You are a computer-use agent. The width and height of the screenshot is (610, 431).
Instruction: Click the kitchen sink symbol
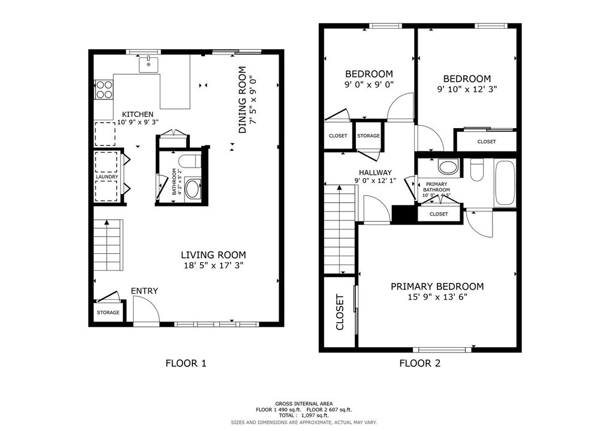coord(149,64)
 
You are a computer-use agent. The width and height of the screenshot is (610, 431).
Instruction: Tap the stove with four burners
coord(104,89)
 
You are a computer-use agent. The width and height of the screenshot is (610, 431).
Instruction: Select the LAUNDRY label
coord(107,177)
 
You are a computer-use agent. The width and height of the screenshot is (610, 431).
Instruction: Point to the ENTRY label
coord(144,291)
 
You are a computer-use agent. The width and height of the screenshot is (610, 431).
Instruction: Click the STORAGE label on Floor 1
coord(108,312)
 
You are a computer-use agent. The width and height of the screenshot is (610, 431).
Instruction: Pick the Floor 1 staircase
coord(107,245)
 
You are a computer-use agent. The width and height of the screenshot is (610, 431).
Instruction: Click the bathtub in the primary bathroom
coord(505,183)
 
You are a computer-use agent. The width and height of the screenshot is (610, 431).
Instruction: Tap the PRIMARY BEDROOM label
coord(437,287)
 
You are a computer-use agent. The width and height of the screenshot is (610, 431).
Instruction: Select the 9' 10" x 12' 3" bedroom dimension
coord(467,89)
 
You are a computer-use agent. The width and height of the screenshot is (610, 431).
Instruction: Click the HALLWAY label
coord(375,172)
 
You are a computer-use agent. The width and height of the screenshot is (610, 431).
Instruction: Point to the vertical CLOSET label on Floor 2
coord(340,312)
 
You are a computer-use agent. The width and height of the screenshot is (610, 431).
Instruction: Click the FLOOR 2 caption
coord(419,363)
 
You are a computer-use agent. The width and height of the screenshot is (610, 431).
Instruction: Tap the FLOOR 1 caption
coord(186,363)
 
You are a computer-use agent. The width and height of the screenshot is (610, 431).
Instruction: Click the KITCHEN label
coord(138,114)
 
